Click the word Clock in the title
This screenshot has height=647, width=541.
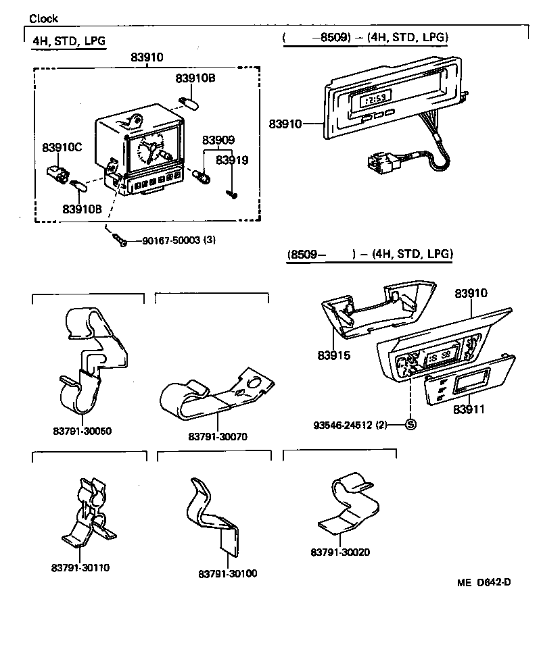coord(43,19)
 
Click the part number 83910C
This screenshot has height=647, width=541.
coord(62,147)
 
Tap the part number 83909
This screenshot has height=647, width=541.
coord(218,140)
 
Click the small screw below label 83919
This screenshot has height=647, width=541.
coord(232,194)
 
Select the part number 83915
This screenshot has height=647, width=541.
coord(333,355)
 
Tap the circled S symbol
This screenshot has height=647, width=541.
coord(410,425)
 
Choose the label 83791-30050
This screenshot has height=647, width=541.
coord(82,431)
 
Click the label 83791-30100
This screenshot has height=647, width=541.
coord(228,573)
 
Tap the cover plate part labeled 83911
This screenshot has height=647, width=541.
coord(450,388)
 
